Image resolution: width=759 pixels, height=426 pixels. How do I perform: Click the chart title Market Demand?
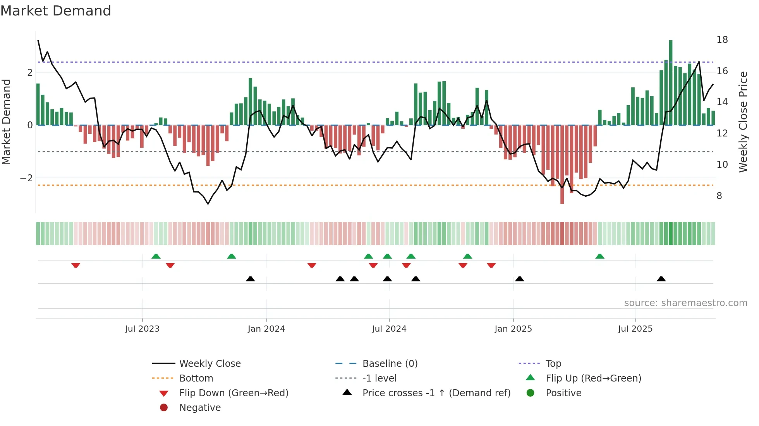click(x=56, y=11)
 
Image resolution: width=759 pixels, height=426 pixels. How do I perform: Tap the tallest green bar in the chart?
click(x=670, y=82)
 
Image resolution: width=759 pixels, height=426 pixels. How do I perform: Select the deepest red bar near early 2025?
click(x=562, y=164)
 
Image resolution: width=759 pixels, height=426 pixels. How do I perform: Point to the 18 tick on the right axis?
click(x=722, y=40)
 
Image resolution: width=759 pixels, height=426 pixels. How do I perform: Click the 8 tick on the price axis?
click(x=719, y=196)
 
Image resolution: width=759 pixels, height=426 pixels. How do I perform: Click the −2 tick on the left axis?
click(x=26, y=178)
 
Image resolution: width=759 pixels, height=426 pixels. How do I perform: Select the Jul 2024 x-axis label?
click(x=389, y=329)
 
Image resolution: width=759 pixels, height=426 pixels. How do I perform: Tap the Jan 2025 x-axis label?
click(x=513, y=329)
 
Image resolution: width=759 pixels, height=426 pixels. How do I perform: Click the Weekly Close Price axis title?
click(x=743, y=122)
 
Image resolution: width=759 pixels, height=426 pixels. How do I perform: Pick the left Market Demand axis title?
click(x=7, y=122)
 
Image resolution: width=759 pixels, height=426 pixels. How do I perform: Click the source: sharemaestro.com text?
click(x=685, y=303)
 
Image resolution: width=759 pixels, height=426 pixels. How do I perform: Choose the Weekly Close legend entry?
click(x=209, y=364)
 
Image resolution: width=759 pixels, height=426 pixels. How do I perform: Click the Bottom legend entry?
click(x=196, y=378)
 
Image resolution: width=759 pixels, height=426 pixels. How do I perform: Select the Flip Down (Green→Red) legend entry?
click(x=234, y=393)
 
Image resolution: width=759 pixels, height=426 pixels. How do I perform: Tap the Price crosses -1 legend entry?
click(x=436, y=393)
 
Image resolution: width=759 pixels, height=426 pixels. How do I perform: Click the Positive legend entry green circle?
click(x=531, y=393)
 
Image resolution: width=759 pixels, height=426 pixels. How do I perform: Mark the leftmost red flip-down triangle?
click(x=76, y=265)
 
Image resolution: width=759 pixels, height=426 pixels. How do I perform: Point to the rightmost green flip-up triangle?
click(x=599, y=256)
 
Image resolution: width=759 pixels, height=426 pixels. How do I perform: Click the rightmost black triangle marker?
click(x=661, y=279)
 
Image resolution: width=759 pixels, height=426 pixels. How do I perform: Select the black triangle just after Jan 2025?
click(x=520, y=279)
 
